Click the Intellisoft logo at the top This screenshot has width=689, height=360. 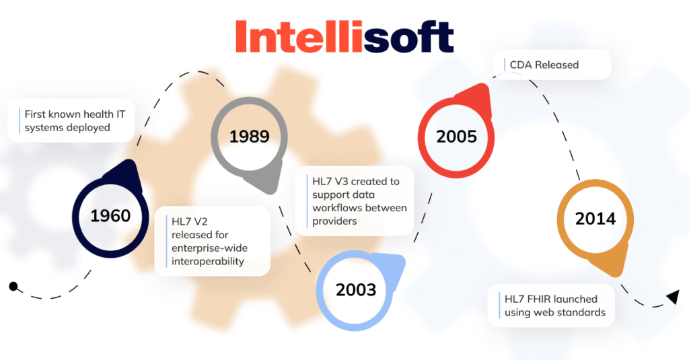coord(344,36)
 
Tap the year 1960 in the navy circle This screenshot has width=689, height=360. coord(110,216)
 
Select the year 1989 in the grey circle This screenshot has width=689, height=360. coord(249,137)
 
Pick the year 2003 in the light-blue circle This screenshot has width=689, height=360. coord(356,290)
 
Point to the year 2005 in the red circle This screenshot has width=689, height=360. coord(456,137)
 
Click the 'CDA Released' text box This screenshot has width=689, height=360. coord(551,65)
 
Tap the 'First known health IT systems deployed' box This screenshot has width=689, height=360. coord(71,120)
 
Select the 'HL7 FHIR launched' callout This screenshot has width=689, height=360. coord(550,305)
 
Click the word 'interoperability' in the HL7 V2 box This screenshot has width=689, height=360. coord(208,260)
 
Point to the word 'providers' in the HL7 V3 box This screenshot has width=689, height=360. coord(334,221)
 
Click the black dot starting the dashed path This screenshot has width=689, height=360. coord(13,287)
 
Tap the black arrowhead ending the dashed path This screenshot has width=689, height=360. coord(672,297)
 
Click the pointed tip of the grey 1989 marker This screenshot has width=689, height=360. coord(274,188)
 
